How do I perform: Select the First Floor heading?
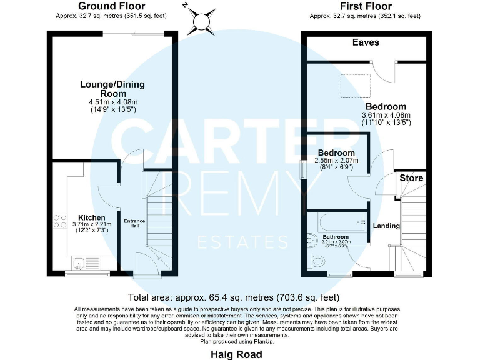[x=366, y=7]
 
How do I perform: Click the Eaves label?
[x=366, y=42]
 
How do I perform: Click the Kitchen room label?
[x=91, y=217]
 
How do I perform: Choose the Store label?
[x=412, y=178]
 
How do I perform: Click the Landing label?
[x=386, y=226]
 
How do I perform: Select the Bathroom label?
[x=336, y=237]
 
